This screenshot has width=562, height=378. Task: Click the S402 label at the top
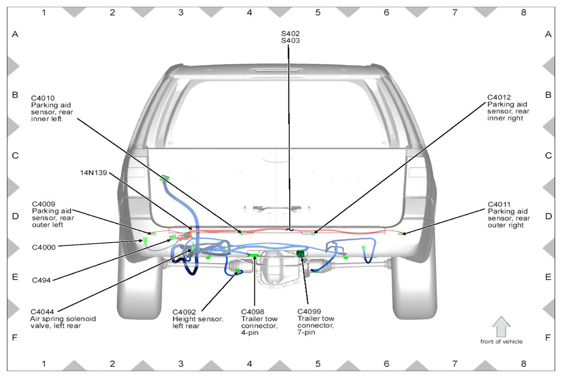point(290,34)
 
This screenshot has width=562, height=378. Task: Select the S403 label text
point(290,41)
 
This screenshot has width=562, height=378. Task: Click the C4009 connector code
point(44,204)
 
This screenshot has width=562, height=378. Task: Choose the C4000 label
point(44,247)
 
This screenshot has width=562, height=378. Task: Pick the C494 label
point(41,280)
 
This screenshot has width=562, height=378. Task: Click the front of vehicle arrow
point(501,326)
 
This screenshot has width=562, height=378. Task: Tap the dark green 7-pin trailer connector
point(300,253)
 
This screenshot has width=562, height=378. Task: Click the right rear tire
point(414,290)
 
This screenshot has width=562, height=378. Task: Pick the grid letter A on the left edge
point(15,34)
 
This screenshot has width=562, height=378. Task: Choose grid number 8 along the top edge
point(523,13)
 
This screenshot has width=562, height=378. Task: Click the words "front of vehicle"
point(501,341)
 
